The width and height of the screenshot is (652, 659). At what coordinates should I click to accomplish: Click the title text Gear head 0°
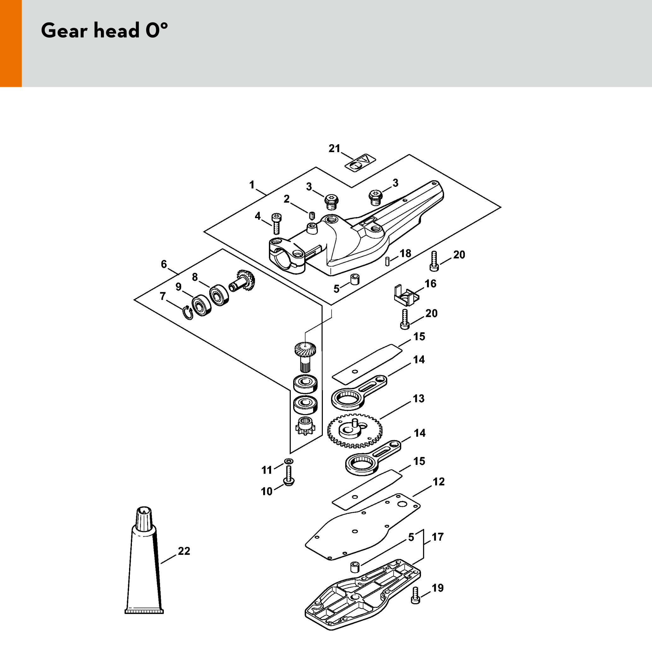coord(104,31)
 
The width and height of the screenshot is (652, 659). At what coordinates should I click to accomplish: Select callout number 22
coord(184,551)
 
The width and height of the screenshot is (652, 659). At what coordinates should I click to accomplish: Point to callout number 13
coord(418,398)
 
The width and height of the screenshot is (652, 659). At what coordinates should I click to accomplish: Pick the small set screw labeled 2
coord(311,215)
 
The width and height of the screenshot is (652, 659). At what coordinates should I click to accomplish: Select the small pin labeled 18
coord(387,261)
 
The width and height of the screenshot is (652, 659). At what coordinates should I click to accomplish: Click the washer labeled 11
coord(289,461)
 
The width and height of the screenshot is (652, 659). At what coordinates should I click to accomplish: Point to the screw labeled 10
coord(288,476)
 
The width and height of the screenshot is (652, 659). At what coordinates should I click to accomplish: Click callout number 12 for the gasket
coord(439,482)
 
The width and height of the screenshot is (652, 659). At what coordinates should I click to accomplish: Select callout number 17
coord(437,537)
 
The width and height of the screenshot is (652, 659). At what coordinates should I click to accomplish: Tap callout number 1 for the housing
coord(252,185)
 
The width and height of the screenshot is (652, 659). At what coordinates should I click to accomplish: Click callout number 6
coord(164,264)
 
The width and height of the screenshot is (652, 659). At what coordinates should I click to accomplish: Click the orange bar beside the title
coord(10,43)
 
